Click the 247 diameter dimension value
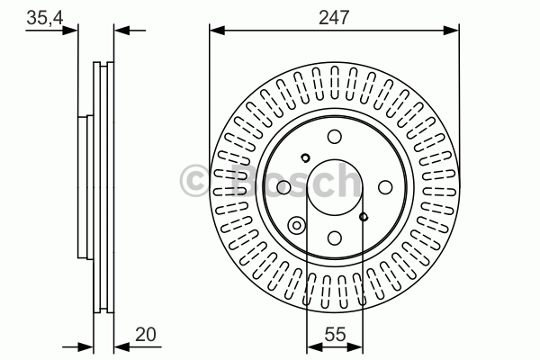click(334, 17)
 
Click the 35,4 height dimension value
click(45, 18)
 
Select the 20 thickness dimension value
click(145, 334)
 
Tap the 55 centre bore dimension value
click(335, 334)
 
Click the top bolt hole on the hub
click(335, 137)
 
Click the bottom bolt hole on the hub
click(335, 238)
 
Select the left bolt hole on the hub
click(283, 187)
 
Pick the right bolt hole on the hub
click(385, 187)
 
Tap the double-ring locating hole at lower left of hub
click(296, 226)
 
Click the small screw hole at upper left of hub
click(305, 157)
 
